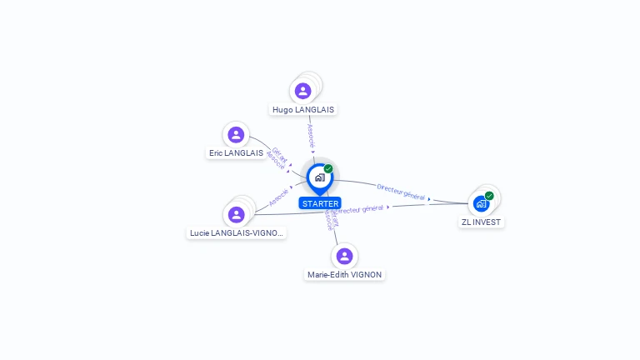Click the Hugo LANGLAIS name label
tap(304, 109)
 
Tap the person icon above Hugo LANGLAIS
tap(303, 91)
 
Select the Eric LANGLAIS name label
tap(236, 153)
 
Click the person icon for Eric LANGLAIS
tap(237, 134)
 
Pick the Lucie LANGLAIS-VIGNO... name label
tap(237, 233)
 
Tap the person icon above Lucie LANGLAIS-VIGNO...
tap(237, 214)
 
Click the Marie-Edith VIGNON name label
tap(345, 274)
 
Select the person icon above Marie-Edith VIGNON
tap(343, 256)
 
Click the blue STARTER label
tap(320, 203)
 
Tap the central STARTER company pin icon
tap(319, 177)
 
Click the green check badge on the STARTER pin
tap(328, 169)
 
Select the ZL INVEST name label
tap(482, 222)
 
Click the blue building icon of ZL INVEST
tap(481, 203)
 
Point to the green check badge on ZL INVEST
tap(489, 196)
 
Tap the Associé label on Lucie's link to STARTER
tap(279, 197)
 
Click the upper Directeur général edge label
tap(401, 192)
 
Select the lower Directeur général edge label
tap(362, 208)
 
